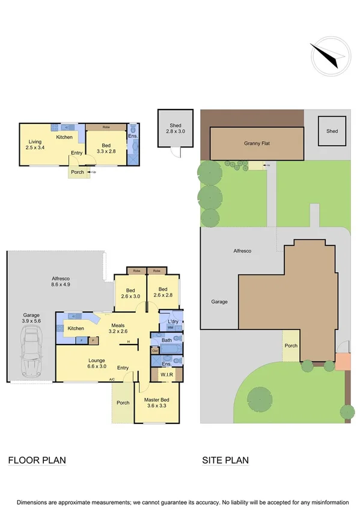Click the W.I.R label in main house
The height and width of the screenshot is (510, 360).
click(166, 376)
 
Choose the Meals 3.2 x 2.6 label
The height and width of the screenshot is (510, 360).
click(118, 328)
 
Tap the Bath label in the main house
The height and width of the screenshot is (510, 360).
click(166, 340)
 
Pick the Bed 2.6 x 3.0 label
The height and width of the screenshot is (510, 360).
click(130, 293)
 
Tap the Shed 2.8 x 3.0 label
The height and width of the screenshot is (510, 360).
click(175, 129)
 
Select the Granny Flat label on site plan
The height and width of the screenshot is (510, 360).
click(257, 144)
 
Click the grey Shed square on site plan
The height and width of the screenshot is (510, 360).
click(332, 131)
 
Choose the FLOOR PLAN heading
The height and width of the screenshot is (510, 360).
click(37, 461)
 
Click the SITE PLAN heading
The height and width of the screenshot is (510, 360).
click(225, 461)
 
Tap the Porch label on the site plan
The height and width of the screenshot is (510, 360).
click(291, 346)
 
